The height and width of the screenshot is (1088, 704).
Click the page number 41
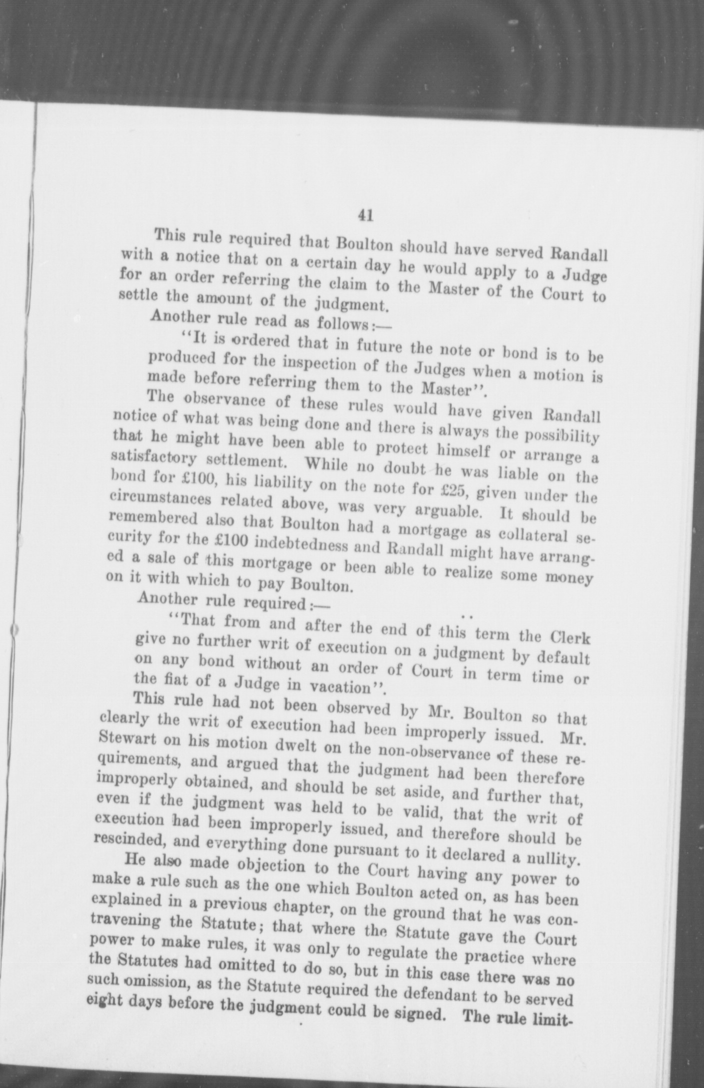[x=365, y=215]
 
